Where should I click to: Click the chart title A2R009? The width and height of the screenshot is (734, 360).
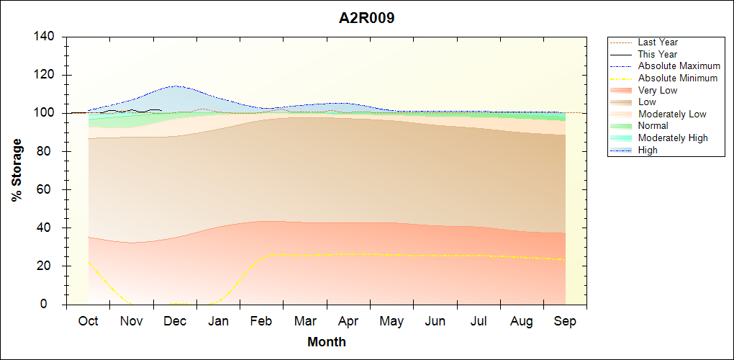pos(367,19)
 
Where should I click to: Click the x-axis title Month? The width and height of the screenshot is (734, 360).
pos(327,342)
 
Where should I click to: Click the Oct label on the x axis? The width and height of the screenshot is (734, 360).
pos(89,321)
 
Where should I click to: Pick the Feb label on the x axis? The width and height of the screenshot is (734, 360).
pos(261,321)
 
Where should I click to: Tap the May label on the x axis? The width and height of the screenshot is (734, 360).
pos(391,321)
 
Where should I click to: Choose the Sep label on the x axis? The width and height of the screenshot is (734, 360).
pos(565,321)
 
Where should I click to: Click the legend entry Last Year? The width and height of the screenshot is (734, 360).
pos(658,42)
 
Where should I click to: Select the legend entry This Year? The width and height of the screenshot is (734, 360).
pos(658,54)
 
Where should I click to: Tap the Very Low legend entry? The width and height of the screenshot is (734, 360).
pos(658,90)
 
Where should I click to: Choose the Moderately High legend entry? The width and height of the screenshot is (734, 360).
pos(673,138)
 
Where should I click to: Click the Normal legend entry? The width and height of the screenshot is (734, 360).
pos(653,126)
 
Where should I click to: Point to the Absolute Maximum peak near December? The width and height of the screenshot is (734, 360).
pos(175,86)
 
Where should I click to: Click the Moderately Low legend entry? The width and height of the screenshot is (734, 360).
pos(672,114)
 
